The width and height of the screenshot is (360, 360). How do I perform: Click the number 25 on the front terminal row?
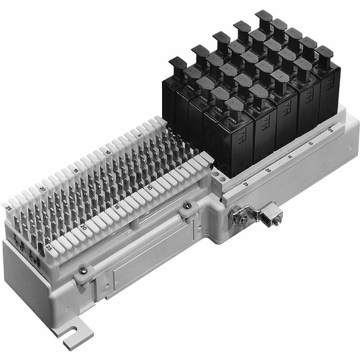click(48, 248)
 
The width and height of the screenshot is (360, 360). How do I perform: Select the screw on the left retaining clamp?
click(84, 270)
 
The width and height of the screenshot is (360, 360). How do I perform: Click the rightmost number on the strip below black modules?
click(330, 131)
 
